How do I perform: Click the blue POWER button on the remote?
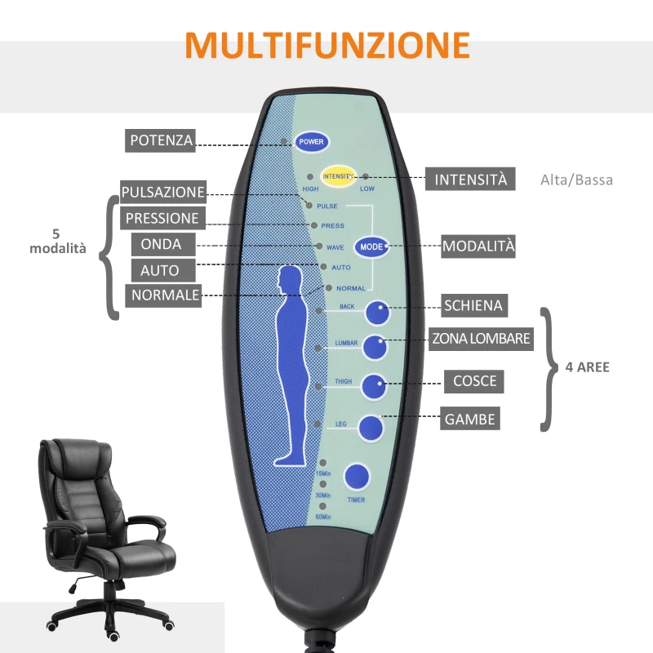(312, 142)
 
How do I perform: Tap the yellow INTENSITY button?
(338, 175)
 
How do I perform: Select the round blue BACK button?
(377, 313)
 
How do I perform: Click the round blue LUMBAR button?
(375, 347)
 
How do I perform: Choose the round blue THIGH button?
(374, 387)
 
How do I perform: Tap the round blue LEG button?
(370, 428)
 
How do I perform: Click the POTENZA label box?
(162, 140)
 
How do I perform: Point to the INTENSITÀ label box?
(470, 180)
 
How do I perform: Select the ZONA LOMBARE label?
(482, 338)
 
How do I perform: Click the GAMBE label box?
(470, 420)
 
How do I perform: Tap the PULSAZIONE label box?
(162, 193)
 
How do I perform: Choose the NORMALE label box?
(164, 295)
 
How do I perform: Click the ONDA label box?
(162, 244)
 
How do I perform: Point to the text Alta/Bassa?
(576, 180)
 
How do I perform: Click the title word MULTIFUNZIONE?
(326, 45)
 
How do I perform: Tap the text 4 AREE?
(588, 367)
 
